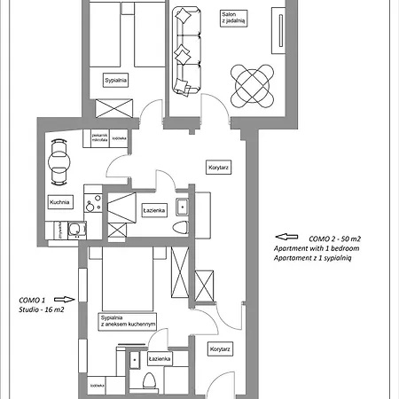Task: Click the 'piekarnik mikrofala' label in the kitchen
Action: [x=97, y=138]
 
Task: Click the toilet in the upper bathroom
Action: [x=182, y=229]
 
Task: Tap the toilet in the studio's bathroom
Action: [x=149, y=380]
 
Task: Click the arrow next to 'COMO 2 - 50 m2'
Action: [x=285, y=237]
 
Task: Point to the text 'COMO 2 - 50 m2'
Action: [x=333, y=239]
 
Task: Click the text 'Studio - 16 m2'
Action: [x=37, y=309]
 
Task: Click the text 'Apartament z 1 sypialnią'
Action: [x=317, y=259]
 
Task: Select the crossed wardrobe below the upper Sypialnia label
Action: [x=117, y=109]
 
